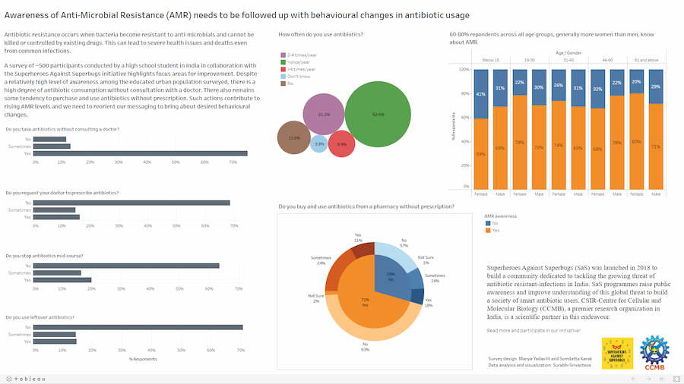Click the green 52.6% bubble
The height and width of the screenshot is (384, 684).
click(378, 114)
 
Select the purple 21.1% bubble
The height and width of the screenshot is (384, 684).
click(325, 115)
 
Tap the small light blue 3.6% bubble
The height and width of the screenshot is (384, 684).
click(319, 143)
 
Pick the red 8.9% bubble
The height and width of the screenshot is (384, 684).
click(342, 143)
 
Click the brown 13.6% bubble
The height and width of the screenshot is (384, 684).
click(294, 138)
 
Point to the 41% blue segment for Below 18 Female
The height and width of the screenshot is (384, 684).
click(481, 93)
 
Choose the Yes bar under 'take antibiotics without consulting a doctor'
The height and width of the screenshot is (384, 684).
click(141, 153)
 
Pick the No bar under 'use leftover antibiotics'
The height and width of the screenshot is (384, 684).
click(139, 327)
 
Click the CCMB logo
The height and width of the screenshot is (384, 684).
click(653, 353)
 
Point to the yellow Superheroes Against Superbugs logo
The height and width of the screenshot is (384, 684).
click(616, 354)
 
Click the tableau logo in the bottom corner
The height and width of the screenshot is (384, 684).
click(27, 378)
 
